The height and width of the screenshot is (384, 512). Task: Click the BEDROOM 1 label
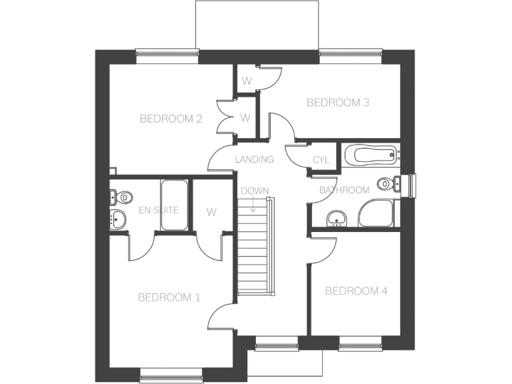tap(169, 297)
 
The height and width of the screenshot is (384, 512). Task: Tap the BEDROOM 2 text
tap(171, 119)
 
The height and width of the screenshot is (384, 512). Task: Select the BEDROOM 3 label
tap(337, 103)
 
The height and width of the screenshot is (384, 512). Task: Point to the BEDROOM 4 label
tap(356, 291)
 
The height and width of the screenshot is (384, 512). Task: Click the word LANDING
tap(254, 159)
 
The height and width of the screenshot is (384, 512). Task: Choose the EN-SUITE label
tap(158, 210)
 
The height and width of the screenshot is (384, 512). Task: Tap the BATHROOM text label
tap(344, 190)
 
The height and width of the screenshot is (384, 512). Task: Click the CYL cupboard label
tap(321, 160)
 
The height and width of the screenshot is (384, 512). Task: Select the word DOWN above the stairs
tap(254, 191)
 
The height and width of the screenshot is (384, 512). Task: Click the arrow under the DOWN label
tap(254, 205)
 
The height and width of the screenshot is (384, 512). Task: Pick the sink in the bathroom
tap(337, 217)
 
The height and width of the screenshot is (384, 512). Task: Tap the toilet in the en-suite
tap(121, 197)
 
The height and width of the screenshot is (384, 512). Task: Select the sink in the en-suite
tap(119, 218)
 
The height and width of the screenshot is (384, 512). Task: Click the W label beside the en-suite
tap(211, 213)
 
